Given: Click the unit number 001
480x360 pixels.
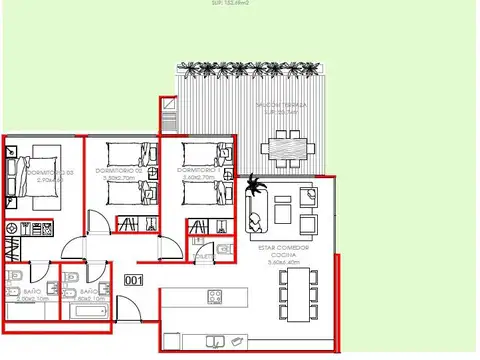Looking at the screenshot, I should point(133,281).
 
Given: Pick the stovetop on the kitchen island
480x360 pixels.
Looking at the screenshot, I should point(214,295).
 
